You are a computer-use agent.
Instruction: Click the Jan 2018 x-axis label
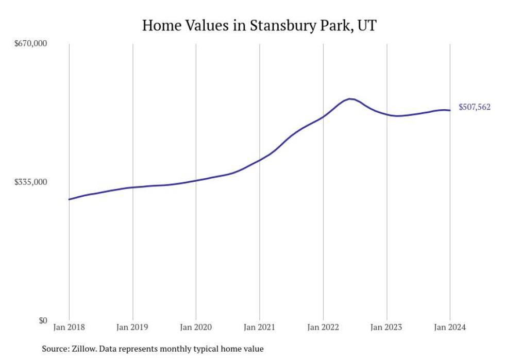(x=69, y=328)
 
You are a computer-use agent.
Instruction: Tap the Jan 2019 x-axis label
(x=133, y=328)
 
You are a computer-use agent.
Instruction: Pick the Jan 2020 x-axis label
(x=196, y=328)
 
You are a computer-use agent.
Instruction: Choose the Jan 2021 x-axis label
(x=260, y=328)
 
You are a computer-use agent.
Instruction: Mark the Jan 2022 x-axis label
(x=323, y=328)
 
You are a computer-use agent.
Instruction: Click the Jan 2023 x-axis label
(x=387, y=328)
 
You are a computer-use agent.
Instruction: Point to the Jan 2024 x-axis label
(x=450, y=328)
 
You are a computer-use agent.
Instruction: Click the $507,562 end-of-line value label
(x=474, y=107)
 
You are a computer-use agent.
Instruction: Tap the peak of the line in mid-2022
(x=350, y=99)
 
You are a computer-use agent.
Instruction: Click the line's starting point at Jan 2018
(x=69, y=199)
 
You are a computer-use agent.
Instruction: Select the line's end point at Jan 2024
(x=450, y=110)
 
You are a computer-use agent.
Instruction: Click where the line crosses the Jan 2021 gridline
(x=260, y=160)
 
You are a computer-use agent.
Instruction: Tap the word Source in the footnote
(x=55, y=349)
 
